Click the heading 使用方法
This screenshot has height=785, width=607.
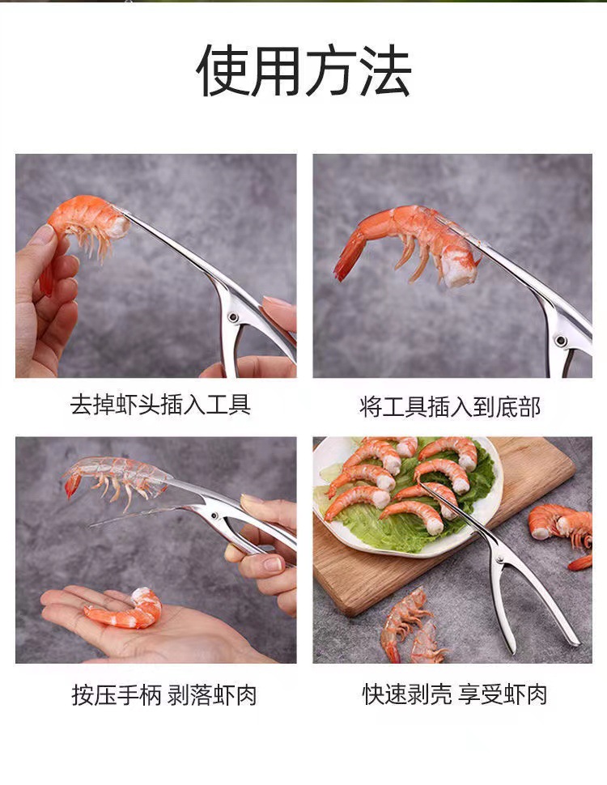tap(303, 71)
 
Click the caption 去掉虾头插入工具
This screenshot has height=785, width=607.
tap(160, 405)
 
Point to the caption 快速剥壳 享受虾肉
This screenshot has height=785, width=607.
tap(455, 694)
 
